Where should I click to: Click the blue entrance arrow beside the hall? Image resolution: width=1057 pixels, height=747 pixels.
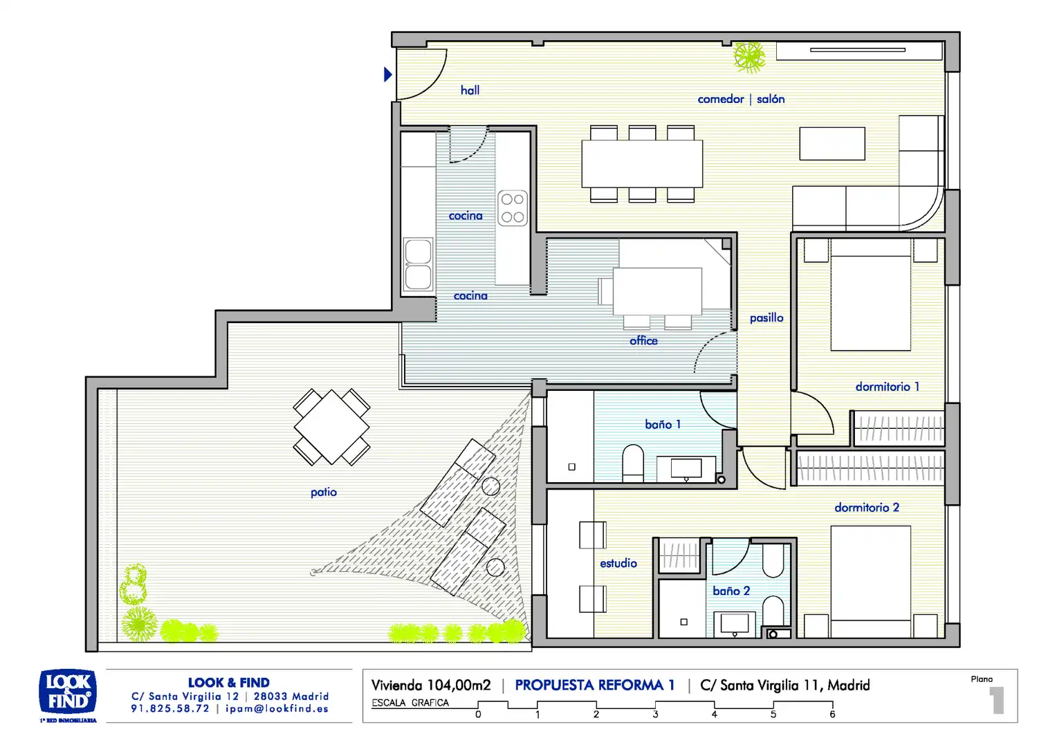(x=388, y=74)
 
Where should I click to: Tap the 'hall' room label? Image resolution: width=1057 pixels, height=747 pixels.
(x=470, y=90)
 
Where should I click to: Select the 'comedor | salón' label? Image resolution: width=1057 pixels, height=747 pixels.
(x=741, y=99)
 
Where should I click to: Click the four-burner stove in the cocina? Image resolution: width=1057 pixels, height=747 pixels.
(x=513, y=208)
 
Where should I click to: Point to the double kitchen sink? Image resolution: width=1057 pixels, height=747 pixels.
(x=418, y=264)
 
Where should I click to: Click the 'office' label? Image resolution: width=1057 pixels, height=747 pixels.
(x=643, y=341)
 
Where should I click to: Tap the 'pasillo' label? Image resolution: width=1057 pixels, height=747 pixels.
(x=766, y=318)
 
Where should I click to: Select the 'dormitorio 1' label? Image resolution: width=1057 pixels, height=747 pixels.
(x=887, y=387)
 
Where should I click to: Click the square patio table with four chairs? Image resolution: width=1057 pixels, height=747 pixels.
(x=332, y=427)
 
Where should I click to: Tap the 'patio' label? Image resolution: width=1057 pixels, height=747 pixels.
(x=324, y=492)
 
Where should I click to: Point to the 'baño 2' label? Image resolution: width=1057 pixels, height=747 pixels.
(x=731, y=591)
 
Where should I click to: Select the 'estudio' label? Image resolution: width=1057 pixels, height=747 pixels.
(x=618, y=563)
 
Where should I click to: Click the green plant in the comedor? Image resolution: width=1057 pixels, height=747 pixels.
(x=749, y=57)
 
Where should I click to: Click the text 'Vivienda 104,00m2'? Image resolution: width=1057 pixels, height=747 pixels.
(x=431, y=685)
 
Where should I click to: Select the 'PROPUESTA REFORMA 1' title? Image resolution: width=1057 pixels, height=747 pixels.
(x=595, y=685)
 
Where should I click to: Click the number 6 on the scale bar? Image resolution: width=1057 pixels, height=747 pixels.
(x=832, y=714)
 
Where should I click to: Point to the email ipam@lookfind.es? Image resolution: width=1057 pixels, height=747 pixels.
(x=277, y=708)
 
